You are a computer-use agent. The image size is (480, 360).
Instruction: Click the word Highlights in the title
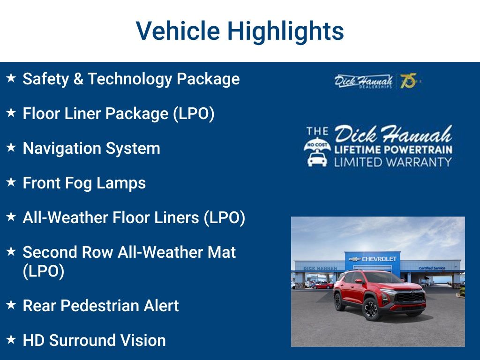285,31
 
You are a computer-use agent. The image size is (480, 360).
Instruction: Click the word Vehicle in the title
178,31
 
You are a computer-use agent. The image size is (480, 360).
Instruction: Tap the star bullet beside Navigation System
12,147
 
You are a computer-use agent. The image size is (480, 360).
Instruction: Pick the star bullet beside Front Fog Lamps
12,182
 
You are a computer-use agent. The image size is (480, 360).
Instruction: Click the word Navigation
61,149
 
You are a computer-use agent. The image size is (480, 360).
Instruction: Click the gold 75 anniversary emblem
408,81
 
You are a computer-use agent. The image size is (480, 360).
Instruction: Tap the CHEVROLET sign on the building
379,259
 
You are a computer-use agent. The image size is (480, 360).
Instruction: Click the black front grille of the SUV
410,297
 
